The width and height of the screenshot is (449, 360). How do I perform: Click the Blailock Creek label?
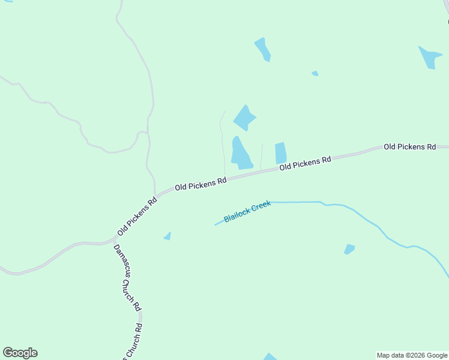point(247,211)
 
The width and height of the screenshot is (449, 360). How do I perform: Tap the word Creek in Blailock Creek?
point(261,207)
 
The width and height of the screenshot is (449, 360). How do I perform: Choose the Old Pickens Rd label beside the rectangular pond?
point(306,163)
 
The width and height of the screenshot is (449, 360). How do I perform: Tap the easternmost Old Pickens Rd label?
point(409,146)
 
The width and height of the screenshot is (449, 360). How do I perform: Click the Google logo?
point(20,353)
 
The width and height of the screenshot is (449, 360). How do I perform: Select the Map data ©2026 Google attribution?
point(412,355)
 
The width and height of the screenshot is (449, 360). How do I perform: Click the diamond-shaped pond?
point(244,118)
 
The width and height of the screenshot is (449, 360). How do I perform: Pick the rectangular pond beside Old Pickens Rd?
point(280,153)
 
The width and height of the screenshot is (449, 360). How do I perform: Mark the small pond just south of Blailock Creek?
point(349,248)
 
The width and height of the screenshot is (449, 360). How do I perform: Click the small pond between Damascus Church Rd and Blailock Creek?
point(167,236)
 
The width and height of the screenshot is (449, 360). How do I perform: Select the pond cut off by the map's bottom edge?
point(270,357)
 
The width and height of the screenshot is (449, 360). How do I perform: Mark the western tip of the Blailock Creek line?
point(215,225)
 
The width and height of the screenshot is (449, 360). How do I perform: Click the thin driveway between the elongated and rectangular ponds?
point(261,157)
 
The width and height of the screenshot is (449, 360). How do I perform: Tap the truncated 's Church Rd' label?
point(133,344)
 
